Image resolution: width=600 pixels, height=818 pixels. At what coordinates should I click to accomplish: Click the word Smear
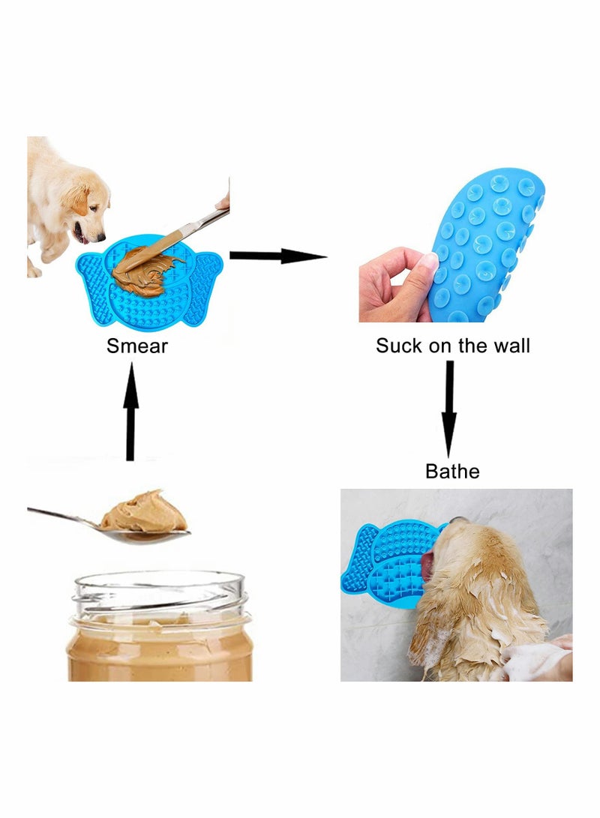pos(137,346)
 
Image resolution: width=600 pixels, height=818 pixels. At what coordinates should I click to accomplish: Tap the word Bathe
pos(452,472)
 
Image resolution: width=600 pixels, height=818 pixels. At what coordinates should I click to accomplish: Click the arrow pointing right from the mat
pos(277,256)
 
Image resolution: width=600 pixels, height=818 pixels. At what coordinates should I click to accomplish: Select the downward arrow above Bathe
pos(449,409)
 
